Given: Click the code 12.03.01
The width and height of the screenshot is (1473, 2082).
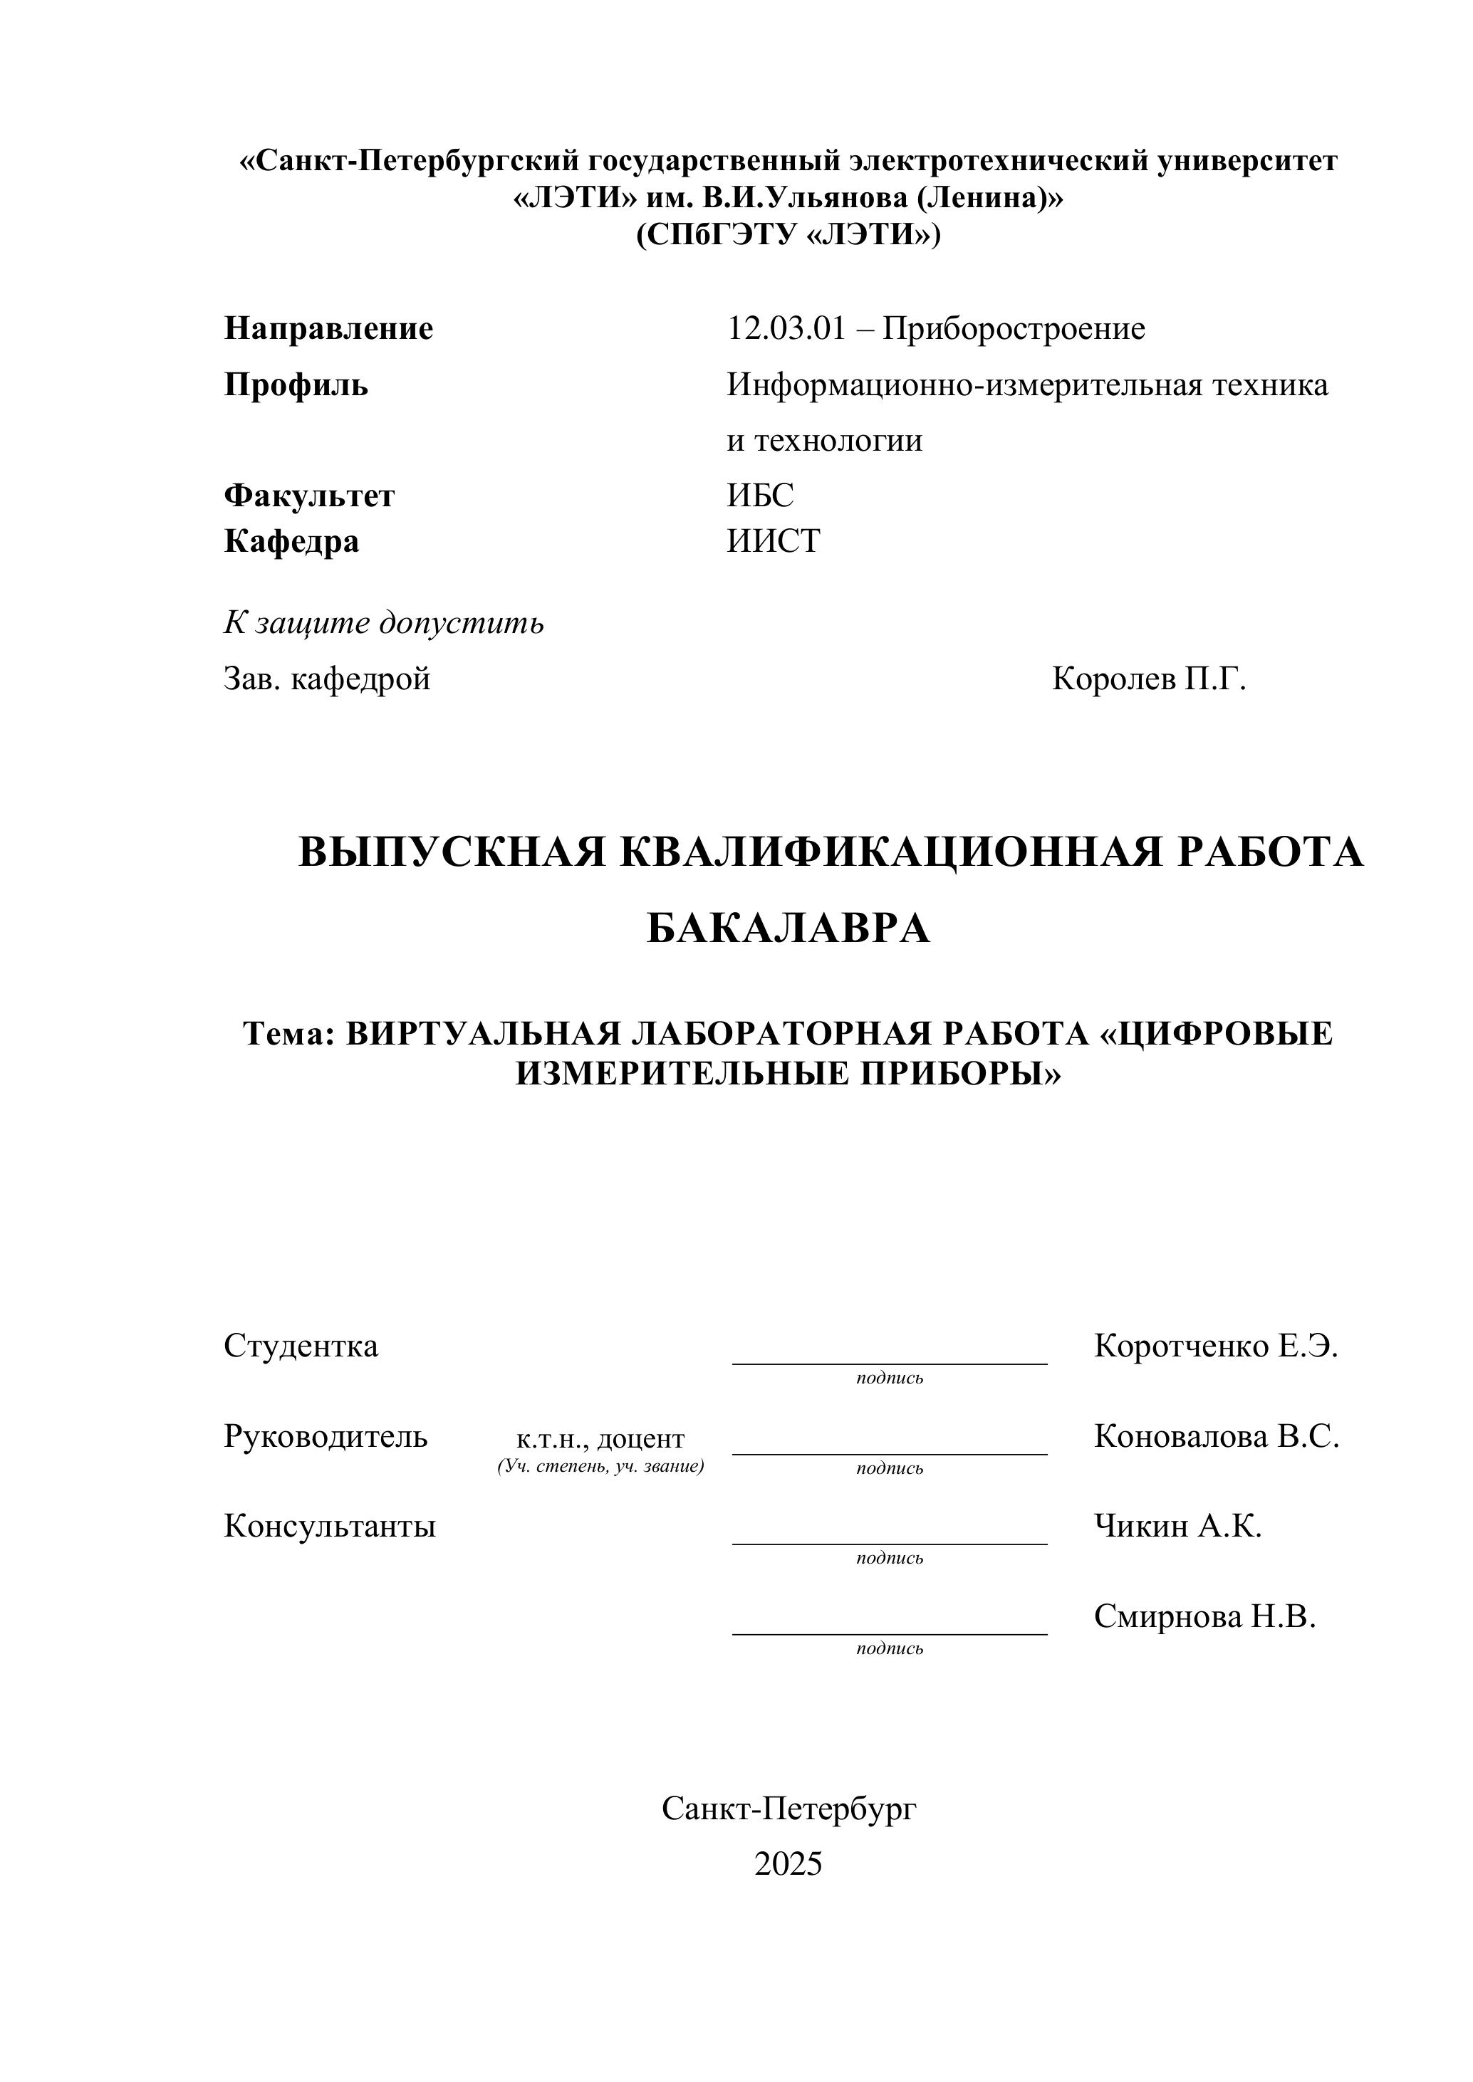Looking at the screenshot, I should [x=786, y=328].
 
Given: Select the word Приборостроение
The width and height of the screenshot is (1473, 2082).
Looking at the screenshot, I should [x=1014, y=328].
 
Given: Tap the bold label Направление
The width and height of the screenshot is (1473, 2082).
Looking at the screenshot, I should [x=328, y=328].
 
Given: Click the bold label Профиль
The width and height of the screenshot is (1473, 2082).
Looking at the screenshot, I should [x=296, y=385].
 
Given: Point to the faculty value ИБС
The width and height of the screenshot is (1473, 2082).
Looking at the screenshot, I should [x=760, y=495].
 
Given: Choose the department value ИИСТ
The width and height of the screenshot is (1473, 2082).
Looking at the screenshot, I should [x=774, y=541].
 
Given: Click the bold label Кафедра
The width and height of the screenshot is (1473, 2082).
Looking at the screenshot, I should [x=291, y=541].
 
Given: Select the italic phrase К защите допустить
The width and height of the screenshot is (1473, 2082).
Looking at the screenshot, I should [x=384, y=623].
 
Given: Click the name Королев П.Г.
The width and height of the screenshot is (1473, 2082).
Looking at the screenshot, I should [x=1149, y=679].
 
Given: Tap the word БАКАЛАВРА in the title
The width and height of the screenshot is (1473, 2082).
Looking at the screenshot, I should [x=788, y=928].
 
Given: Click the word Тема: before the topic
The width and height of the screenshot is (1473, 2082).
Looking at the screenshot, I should [x=289, y=1034].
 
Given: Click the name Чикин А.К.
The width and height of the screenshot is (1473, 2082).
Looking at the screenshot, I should [x=1177, y=1526].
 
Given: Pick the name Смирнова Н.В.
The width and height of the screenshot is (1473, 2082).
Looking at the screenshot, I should [x=1204, y=1616].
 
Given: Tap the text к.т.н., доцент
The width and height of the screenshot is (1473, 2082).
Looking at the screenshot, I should [x=600, y=1438].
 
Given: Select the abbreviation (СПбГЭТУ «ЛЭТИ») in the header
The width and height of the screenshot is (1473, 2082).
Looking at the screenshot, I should [x=788, y=235].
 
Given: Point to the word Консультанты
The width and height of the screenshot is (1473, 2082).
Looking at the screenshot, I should [x=329, y=1526].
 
